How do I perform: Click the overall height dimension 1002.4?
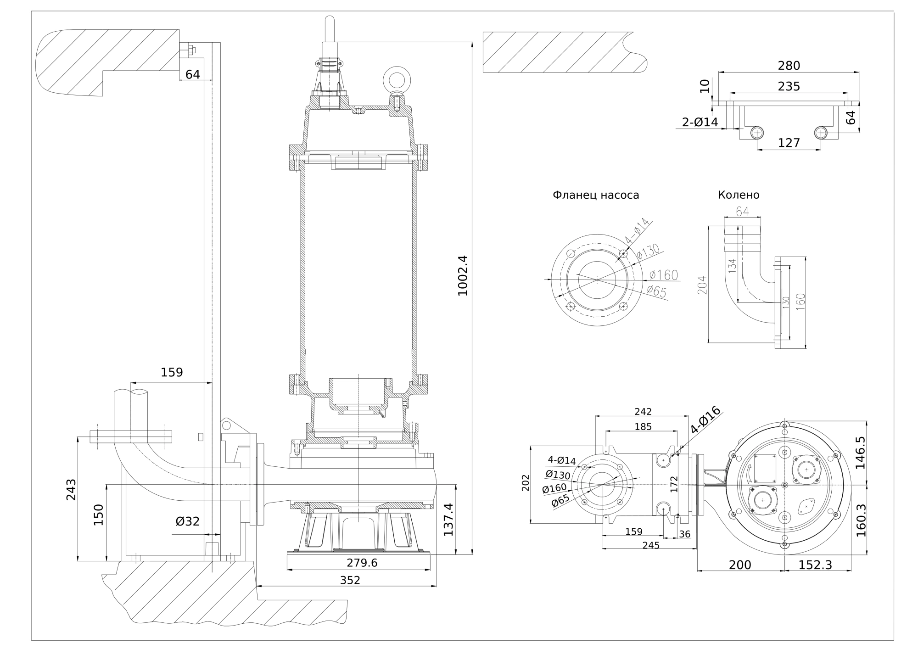[463, 275]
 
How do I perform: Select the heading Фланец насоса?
[596, 195]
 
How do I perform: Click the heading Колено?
[739, 195]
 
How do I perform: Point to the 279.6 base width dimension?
[362, 563]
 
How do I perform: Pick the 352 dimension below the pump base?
[350, 580]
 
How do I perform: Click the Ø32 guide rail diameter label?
[187, 521]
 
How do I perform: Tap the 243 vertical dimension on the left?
[72, 489]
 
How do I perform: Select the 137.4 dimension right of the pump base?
[448, 520]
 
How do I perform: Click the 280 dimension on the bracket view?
[789, 66]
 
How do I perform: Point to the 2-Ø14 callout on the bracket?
[700, 122]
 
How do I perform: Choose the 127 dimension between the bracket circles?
[789, 143]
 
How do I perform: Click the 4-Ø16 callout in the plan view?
[705, 420]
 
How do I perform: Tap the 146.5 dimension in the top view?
[860, 452]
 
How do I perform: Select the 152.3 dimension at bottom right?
[815, 565]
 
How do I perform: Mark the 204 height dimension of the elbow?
[702, 285]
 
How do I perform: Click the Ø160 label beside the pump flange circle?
[664, 275]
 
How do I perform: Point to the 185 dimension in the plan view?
[643, 426]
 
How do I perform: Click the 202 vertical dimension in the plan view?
[526, 483]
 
